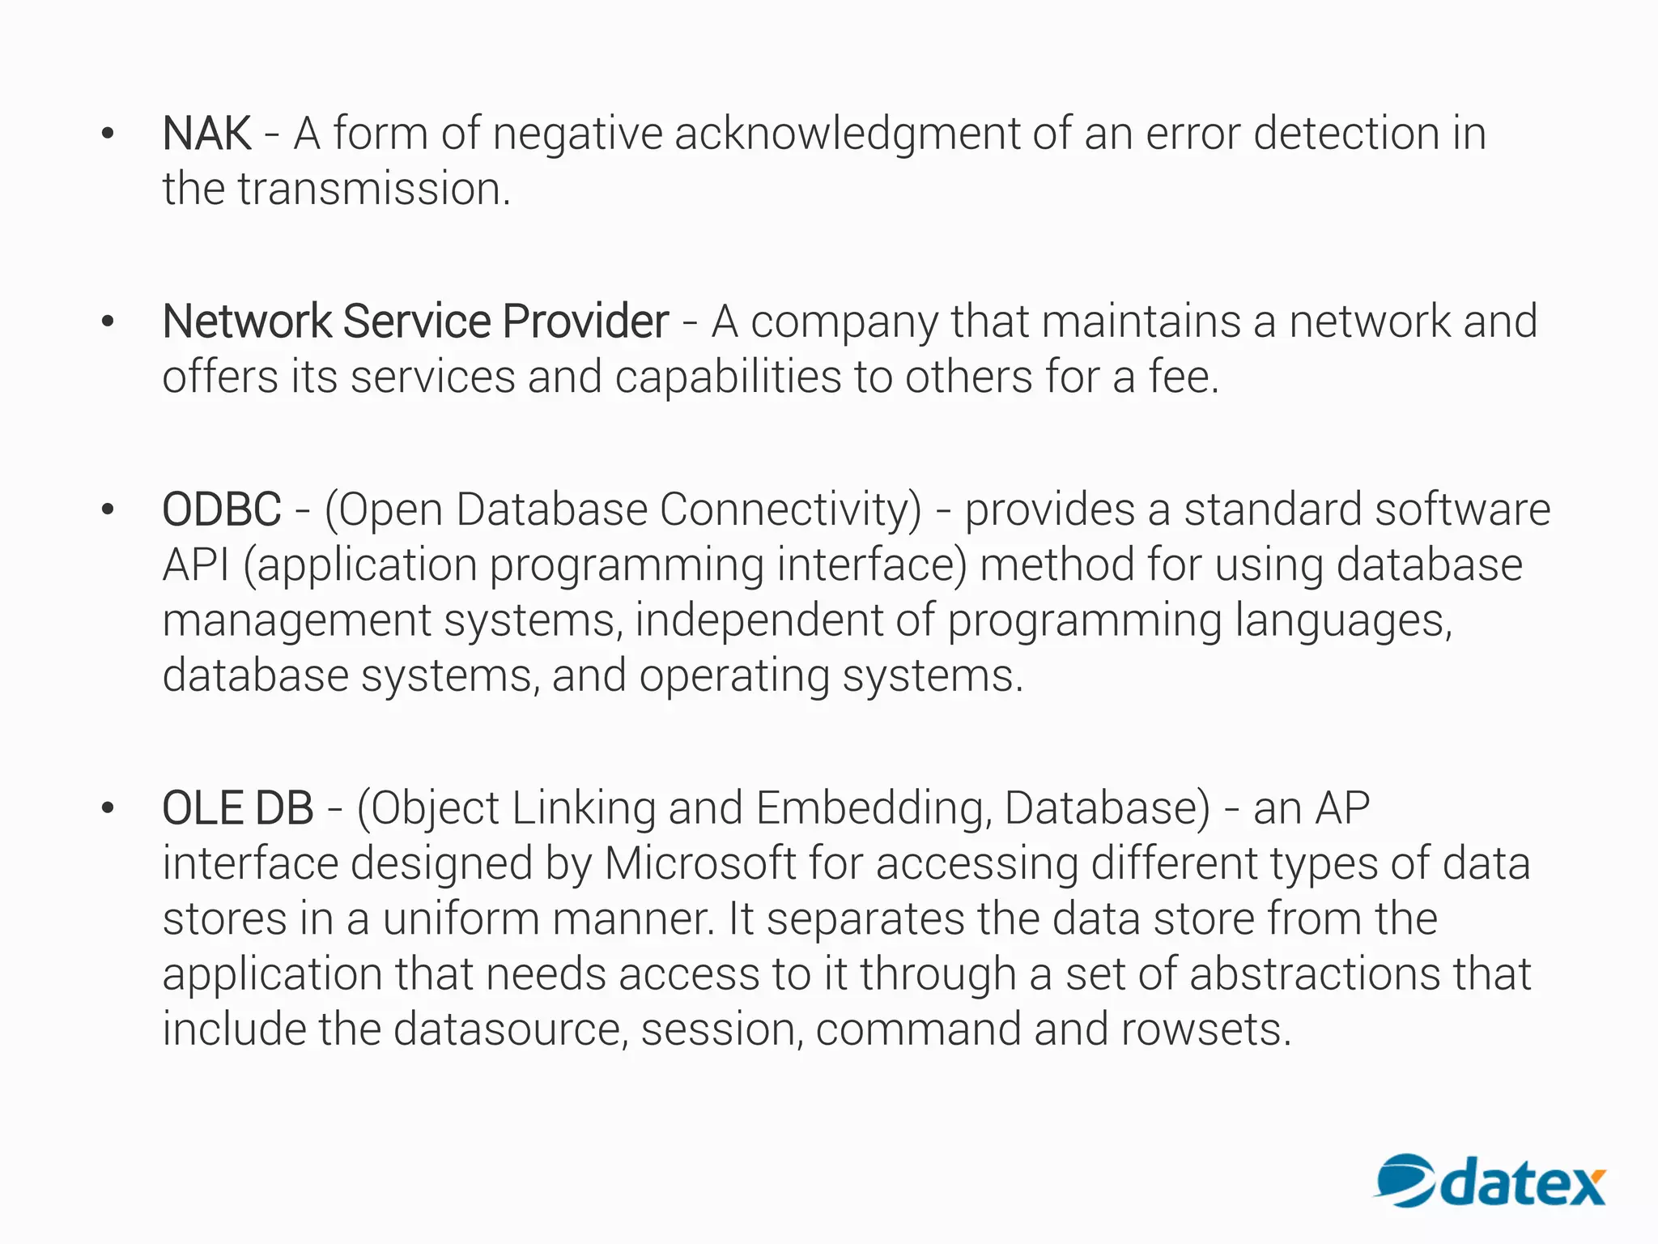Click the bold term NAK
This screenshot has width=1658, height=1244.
[x=206, y=134]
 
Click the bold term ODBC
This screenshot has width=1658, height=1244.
[x=222, y=510]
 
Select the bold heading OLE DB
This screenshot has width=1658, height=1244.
[x=238, y=808]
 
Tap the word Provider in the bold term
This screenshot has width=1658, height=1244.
[x=585, y=322]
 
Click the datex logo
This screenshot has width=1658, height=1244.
[x=1490, y=1181]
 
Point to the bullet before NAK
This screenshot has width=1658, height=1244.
[x=108, y=134]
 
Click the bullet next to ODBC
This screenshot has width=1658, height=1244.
[x=108, y=510]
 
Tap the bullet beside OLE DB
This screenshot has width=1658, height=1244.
[x=108, y=808]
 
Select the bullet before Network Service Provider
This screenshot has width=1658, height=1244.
[x=108, y=322]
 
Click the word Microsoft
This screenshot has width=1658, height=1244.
[x=700, y=863]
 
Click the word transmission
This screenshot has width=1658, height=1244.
[x=373, y=190]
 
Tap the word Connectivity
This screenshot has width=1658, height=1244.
[x=790, y=510]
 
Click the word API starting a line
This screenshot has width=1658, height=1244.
[x=196, y=565]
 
